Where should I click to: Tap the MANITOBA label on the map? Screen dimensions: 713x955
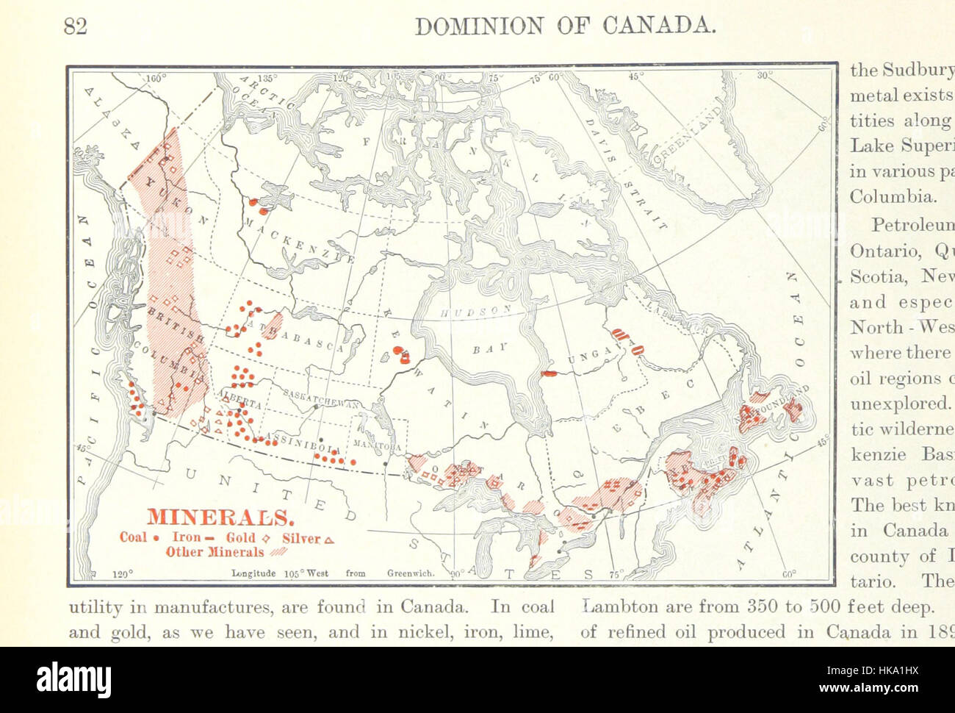pos(376,445)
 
